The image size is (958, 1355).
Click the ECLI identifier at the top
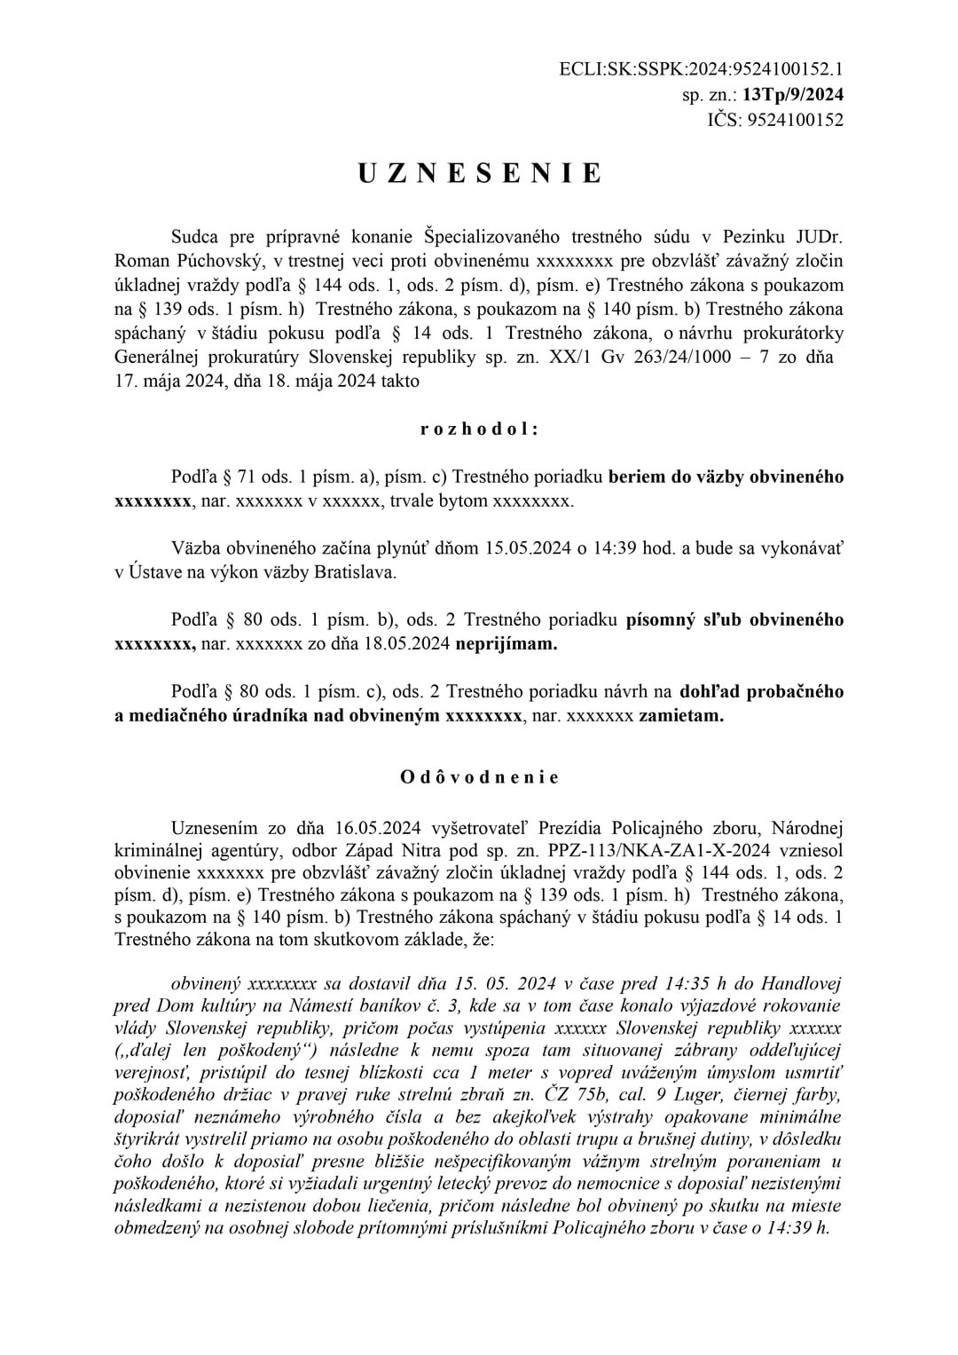point(702,68)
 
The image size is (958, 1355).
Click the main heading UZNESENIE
point(479,174)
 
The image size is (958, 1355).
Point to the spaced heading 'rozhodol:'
point(479,429)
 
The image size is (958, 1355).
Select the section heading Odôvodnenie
point(479,777)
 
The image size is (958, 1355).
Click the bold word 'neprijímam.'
point(506,644)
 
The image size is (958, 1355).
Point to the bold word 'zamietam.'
point(681,716)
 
